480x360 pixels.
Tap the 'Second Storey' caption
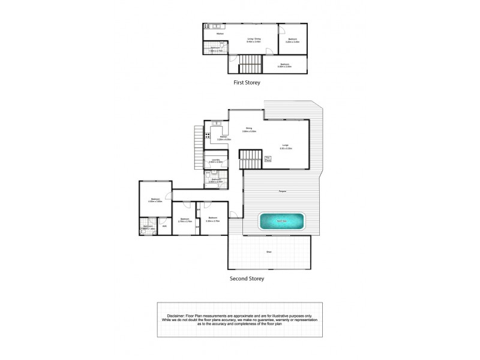pos(247,278)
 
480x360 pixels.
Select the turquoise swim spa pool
pos(281,222)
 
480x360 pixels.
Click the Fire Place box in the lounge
pos(269,159)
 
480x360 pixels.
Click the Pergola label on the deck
pos(281,191)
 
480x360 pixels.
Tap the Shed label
pos(268,252)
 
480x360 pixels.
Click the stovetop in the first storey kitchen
pos(208,26)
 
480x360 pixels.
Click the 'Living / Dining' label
pos(254,39)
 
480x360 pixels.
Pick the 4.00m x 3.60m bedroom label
pos(155,200)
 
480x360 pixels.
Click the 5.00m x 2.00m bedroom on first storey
pos(285,64)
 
